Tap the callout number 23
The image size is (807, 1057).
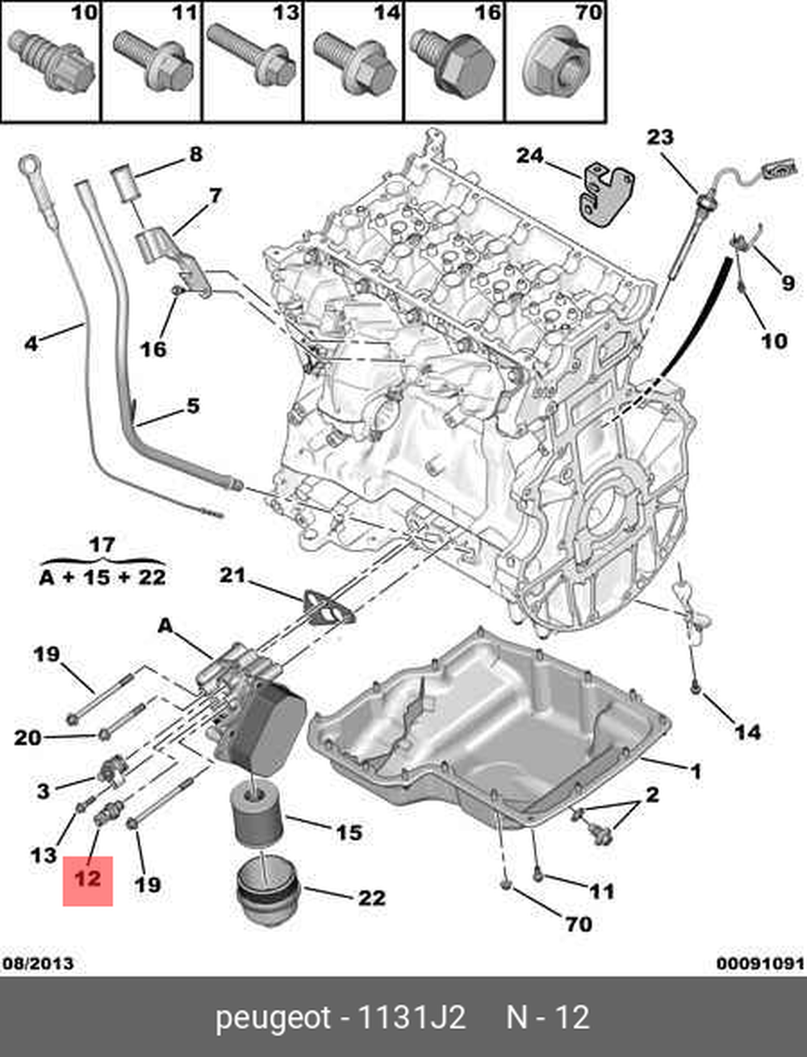(x=659, y=137)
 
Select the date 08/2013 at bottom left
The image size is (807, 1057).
(x=38, y=963)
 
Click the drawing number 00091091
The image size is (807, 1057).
(x=760, y=963)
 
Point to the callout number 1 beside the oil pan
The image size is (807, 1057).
(x=696, y=772)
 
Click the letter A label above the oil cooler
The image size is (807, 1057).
(x=165, y=626)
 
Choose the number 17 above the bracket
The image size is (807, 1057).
(x=102, y=545)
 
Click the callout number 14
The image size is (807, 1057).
(x=747, y=731)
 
